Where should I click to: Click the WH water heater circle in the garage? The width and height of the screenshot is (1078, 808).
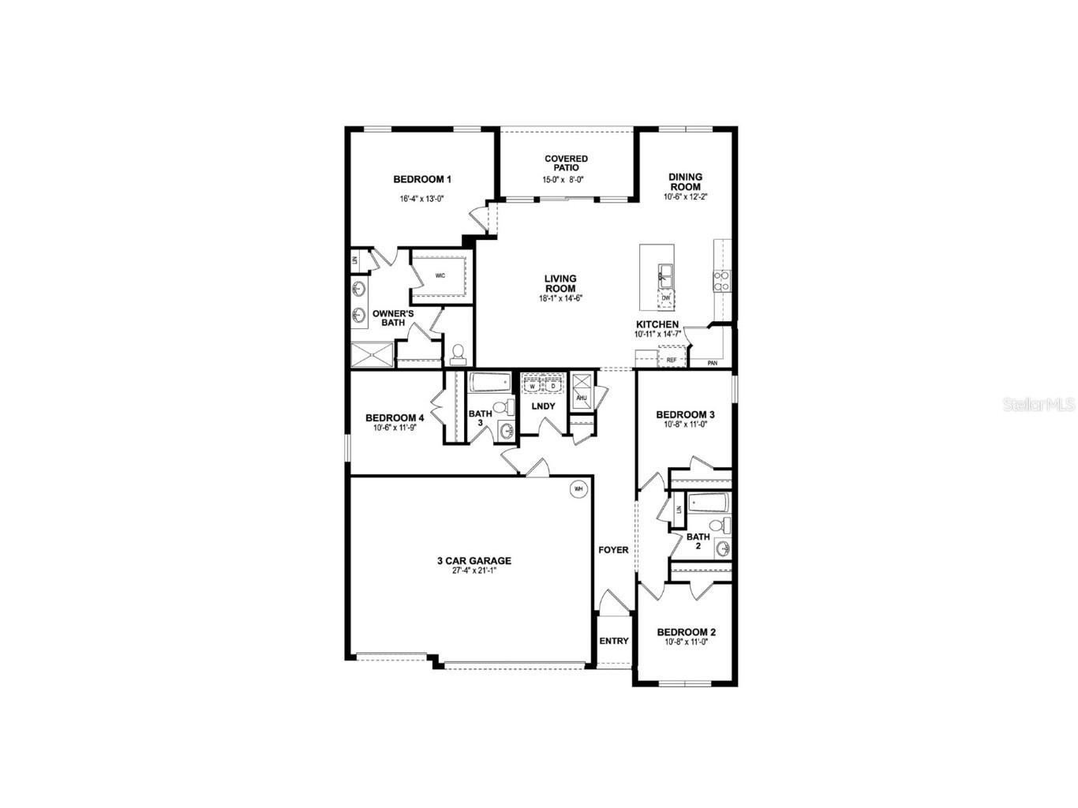coord(578,488)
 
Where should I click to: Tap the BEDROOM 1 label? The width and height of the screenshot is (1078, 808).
coord(422,180)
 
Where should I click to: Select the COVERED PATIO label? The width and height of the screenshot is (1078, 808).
coord(566,163)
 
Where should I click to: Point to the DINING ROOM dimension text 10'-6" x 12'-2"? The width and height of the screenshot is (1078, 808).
coord(685,197)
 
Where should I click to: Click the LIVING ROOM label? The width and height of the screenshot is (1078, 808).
coord(560,283)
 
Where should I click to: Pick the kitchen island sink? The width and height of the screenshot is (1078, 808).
coord(666,275)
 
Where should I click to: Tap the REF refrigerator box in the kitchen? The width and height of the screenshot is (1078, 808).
coord(671,360)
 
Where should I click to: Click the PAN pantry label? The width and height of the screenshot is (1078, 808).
coord(712,363)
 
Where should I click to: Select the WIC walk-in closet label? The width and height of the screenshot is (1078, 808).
coord(440,275)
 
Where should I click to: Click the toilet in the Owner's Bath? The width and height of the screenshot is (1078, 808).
coord(457,353)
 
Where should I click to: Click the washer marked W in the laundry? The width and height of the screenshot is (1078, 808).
coord(532,385)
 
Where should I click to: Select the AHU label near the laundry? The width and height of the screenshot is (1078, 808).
coord(582,398)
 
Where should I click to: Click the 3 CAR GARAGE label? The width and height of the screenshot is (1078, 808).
coord(474,561)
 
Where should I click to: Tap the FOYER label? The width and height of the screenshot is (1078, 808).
coord(613,550)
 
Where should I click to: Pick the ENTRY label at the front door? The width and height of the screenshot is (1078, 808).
coord(613,641)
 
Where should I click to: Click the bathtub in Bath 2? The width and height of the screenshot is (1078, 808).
coord(709,503)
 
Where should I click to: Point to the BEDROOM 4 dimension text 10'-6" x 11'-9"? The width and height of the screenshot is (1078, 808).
coord(399,428)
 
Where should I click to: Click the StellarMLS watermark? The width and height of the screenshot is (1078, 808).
coord(1039,405)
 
